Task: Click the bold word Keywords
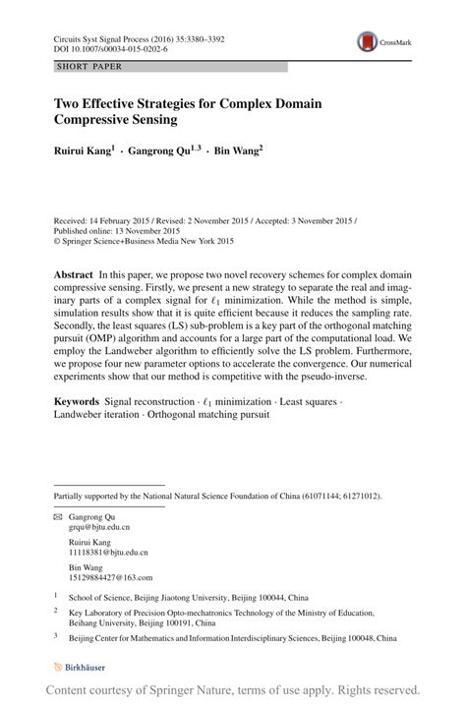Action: pyautogui.click(x=77, y=402)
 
